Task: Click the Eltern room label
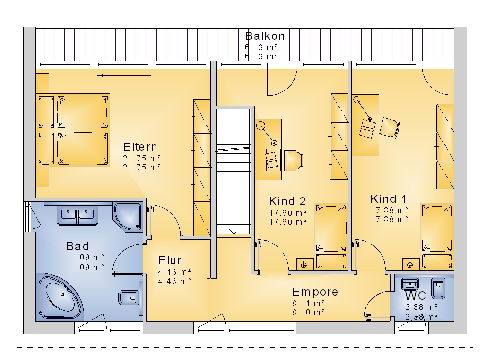(140, 147)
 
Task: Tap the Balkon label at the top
(265, 36)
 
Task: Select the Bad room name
(78, 246)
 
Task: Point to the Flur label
(170, 260)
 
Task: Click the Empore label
(315, 292)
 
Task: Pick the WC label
(416, 295)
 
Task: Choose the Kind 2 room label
(287, 201)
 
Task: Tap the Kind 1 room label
(388, 199)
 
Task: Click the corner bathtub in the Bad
(60, 297)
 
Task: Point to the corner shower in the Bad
(128, 217)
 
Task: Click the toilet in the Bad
(128, 298)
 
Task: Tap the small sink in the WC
(410, 284)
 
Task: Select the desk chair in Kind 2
(294, 161)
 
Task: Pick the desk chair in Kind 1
(390, 127)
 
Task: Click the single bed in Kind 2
(330, 236)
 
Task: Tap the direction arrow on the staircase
(234, 231)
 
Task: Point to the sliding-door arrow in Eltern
(124, 75)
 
